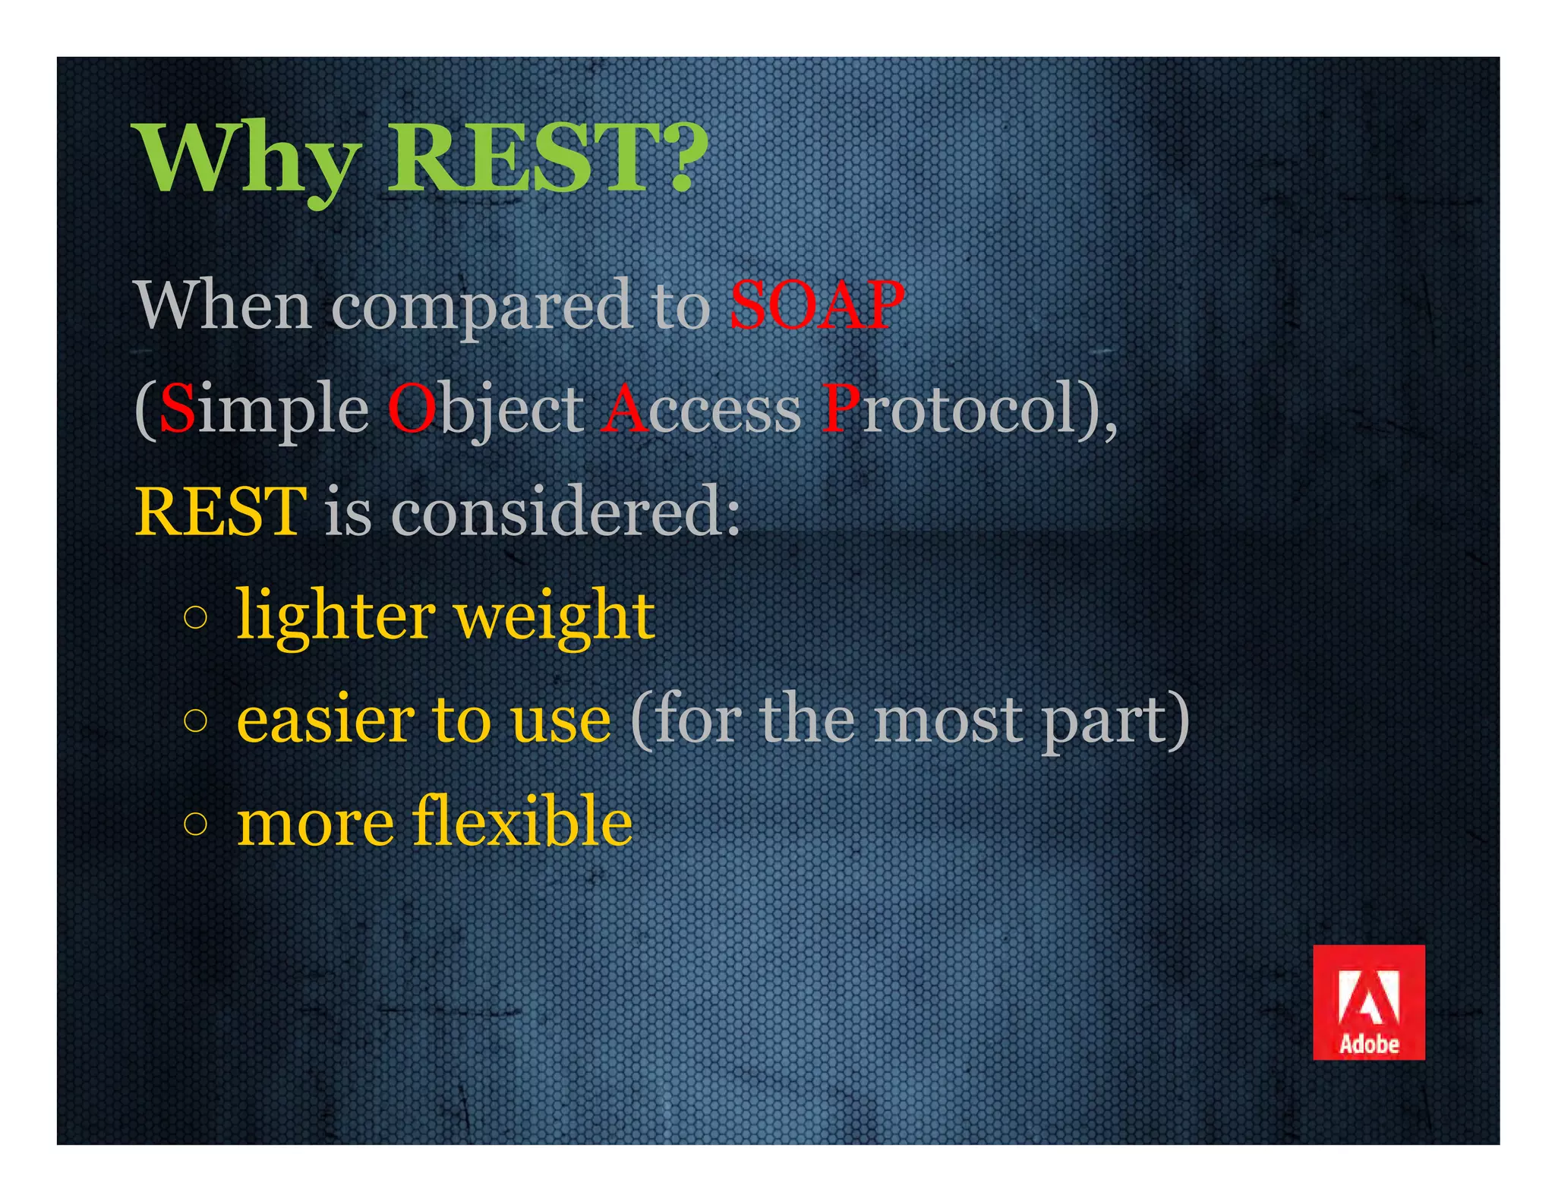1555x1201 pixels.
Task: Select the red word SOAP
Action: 816,305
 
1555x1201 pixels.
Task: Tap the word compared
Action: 482,307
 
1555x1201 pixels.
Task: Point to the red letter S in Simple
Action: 178,408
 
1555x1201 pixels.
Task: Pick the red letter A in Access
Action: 623,408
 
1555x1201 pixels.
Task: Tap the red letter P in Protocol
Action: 840,408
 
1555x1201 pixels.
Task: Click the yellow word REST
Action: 220,512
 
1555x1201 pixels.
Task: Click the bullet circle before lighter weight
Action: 195,617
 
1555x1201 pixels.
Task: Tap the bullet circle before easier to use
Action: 195,720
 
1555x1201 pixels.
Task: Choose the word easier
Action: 326,720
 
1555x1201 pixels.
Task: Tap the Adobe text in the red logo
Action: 1369,1045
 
